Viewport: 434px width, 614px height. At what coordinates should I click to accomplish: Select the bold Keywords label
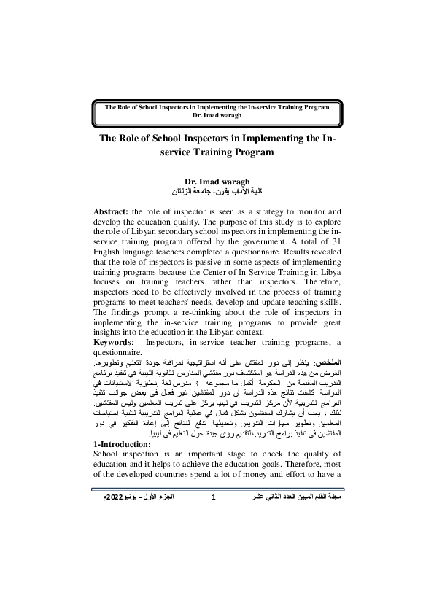(115, 342)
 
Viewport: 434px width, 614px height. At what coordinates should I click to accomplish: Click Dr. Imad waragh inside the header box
(217, 115)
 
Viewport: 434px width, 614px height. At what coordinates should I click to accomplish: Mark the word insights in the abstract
(111, 333)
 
